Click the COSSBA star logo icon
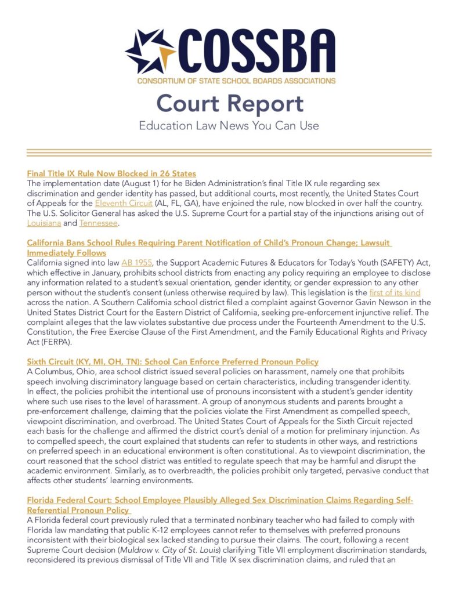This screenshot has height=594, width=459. (x=150, y=50)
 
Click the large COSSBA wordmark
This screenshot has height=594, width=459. (x=255, y=50)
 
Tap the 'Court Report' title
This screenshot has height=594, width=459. (x=229, y=103)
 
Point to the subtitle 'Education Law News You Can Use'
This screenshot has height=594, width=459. (x=229, y=125)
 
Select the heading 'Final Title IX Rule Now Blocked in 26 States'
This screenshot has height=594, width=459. (x=111, y=173)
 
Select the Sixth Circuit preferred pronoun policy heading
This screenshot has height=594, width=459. (x=172, y=361)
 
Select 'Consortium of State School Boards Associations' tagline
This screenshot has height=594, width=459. (x=236, y=80)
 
